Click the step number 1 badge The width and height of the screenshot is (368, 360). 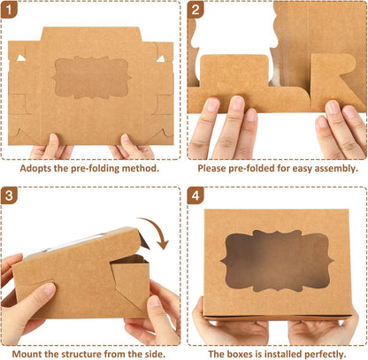[x=9, y=10]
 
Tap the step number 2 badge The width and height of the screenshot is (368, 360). [x=195, y=10]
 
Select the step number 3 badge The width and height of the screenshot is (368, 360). [x=9, y=195]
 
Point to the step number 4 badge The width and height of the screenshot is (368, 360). [x=195, y=195]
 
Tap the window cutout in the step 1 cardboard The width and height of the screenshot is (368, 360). [x=91, y=78]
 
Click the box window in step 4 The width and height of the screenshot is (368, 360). [x=277, y=260]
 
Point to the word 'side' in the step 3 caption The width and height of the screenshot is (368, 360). [x=155, y=354]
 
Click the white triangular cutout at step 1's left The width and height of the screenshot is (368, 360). [x=21, y=57]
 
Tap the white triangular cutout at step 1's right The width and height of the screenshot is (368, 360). [x=161, y=59]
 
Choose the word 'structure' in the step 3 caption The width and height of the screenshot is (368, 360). [x=79, y=354]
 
